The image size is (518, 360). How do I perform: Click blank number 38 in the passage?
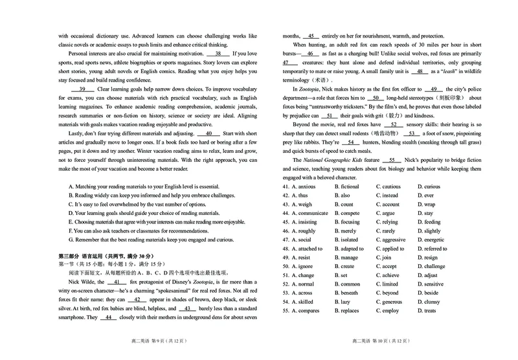click(x=221, y=53)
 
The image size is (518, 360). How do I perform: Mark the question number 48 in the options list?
click(x=285, y=249)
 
